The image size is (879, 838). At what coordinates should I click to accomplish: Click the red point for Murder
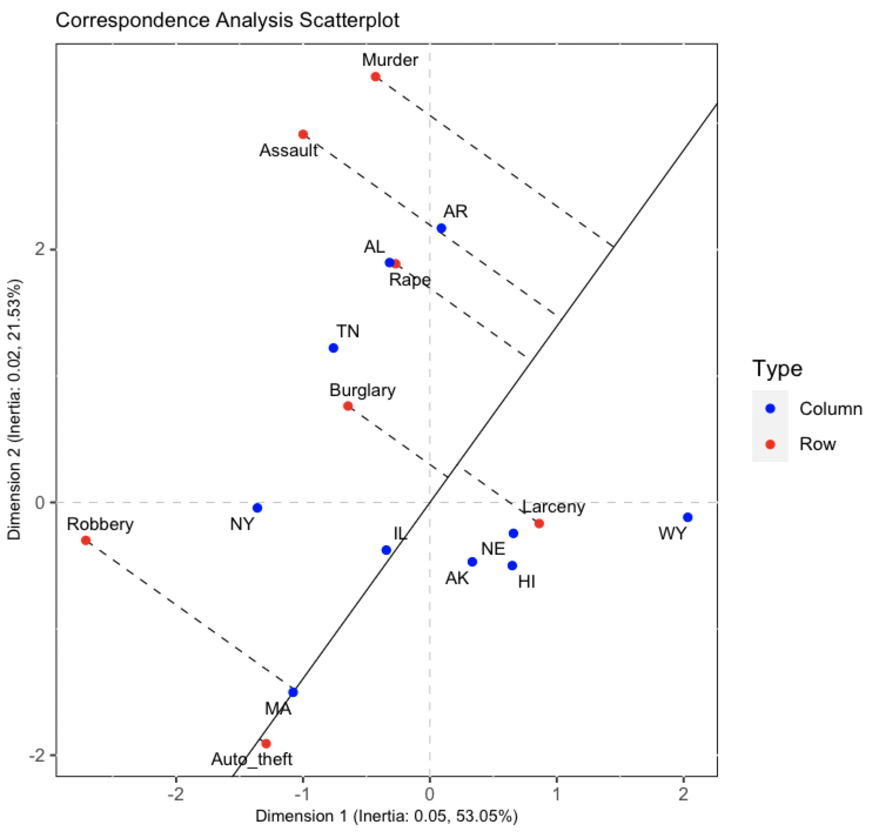point(375,76)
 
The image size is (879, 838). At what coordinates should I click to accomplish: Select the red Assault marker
point(303,134)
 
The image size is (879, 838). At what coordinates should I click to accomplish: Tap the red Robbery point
point(86,540)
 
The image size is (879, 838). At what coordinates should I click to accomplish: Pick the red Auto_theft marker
point(266,743)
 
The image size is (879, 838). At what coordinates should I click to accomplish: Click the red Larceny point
point(539,523)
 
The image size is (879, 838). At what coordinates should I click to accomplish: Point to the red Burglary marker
point(348,405)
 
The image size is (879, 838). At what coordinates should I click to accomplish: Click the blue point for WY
point(688,517)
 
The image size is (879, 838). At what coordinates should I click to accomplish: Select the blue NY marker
point(257,508)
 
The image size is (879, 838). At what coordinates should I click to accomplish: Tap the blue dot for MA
point(293,692)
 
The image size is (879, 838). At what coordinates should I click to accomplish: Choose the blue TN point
point(333,348)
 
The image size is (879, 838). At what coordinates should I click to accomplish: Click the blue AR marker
point(441,228)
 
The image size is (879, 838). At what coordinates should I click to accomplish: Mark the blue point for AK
point(472,562)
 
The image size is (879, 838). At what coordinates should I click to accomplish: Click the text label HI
point(526,582)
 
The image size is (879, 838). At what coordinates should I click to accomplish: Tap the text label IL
point(400,533)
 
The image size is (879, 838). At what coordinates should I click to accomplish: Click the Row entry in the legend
point(817,444)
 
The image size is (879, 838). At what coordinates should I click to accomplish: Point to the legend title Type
point(777,368)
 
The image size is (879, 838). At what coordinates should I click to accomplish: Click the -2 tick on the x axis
point(176,794)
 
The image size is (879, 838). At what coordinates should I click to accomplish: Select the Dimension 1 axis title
point(386,816)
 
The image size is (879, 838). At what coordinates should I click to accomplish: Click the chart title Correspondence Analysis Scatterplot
point(227,21)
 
